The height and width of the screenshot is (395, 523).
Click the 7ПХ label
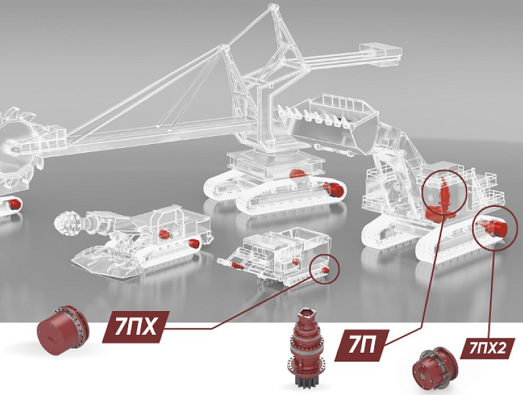click(136, 327)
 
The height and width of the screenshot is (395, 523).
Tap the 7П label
click(362, 345)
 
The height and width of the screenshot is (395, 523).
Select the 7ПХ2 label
click(488, 349)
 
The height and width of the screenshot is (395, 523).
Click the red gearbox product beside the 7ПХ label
click(63, 330)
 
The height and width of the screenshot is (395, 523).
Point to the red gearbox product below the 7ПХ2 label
click(435, 367)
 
